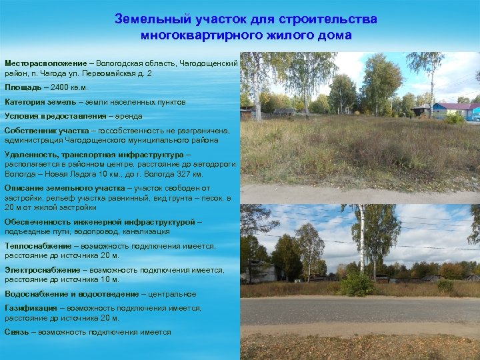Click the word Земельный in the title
point(145,19)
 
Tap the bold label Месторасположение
point(45,63)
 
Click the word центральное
point(174,294)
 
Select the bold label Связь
point(17,332)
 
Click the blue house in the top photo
point(453,109)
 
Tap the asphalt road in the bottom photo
point(360,310)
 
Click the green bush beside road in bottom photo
point(357,285)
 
